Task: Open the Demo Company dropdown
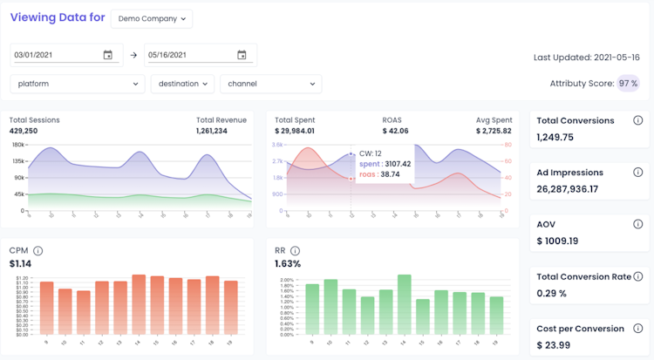point(152,18)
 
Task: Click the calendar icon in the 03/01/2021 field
point(108,55)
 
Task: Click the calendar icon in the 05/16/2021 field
point(242,55)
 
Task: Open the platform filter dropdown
point(78,84)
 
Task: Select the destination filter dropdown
point(182,84)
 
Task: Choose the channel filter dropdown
point(270,84)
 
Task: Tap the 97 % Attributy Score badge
point(628,84)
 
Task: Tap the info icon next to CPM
point(38,251)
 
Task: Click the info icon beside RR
point(296,251)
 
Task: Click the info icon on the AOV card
point(637,224)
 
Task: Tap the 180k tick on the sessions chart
point(17,144)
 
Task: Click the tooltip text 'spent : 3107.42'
point(385,163)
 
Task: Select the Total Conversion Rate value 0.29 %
point(553,293)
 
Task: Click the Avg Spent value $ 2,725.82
point(493,131)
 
